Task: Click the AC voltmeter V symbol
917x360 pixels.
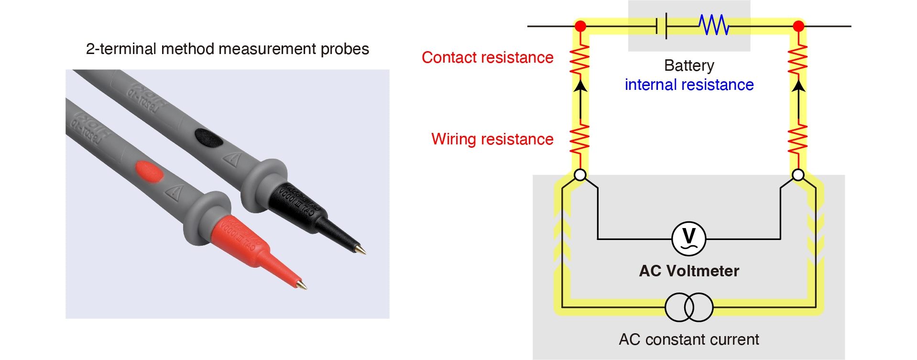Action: [x=688, y=238]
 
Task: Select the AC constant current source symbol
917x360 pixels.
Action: [x=689, y=307]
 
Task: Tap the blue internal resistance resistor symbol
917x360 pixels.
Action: [x=713, y=25]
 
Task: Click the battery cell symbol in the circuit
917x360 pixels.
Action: [x=662, y=26]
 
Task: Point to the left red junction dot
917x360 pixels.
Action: [x=580, y=26]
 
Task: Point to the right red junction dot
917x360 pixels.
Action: [x=798, y=26]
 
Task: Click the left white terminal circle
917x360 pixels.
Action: [x=580, y=175]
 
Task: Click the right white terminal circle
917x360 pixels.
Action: [x=798, y=175]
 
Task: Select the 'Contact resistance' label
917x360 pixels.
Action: [x=487, y=57]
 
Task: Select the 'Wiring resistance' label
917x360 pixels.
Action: [x=492, y=139]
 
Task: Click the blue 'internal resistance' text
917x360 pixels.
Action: [x=689, y=85]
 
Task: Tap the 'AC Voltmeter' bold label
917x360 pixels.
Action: [x=689, y=271]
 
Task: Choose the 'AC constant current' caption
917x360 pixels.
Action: [x=688, y=339]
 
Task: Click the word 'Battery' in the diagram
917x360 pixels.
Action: [x=689, y=65]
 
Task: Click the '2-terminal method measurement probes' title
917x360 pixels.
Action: [x=227, y=49]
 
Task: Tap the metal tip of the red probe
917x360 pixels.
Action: [x=302, y=285]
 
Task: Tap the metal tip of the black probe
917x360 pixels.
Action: [x=361, y=250]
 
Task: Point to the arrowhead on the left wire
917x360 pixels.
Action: [x=580, y=86]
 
